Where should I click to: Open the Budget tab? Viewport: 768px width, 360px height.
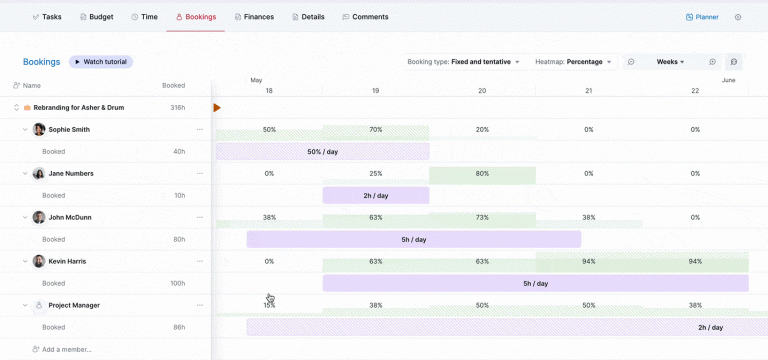pyautogui.click(x=95, y=17)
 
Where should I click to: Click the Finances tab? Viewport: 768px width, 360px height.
pyautogui.click(x=253, y=17)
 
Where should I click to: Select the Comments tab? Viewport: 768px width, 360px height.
pyautogui.click(x=365, y=17)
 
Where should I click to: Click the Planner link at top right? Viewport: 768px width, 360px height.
pyautogui.click(x=702, y=17)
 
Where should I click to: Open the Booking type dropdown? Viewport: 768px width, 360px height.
pyautogui.click(x=464, y=62)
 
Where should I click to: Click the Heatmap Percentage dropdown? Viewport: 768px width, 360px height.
pyautogui.click(x=574, y=62)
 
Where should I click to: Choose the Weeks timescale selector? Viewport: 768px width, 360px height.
pyautogui.click(x=670, y=62)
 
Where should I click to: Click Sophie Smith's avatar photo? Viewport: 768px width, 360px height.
pyautogui.click(x=39, y=129)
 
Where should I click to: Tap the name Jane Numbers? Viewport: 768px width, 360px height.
pyautogui.click(x=71, y=173)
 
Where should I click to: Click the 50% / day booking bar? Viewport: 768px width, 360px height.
pyautogui.click(x=321, y=152)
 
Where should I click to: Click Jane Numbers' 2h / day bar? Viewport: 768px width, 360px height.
pyautogui.click(x=375, y=196)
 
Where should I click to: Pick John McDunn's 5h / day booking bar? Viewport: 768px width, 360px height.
pyautogui.click(x=414, y=240)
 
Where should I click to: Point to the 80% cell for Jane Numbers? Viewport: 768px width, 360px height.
pyautogui.click(x=482, y=173)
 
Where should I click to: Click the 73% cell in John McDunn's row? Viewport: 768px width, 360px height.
pyautogui.click(x=482, y=217)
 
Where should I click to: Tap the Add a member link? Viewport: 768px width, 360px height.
pyautogui.click(x=66, y=349)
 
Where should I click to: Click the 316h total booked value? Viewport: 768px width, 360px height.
pyautogui.click(x=177, y=107)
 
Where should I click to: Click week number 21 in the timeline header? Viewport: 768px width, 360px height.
pyautogui.click(x=588, y=91)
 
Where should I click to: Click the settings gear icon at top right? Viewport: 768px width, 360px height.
pyautogui.click(x=738, y=17)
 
